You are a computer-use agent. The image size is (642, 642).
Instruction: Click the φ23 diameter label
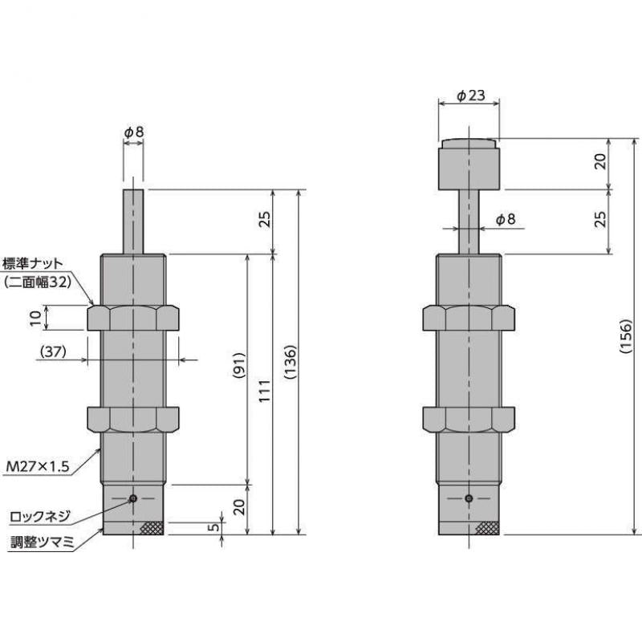470,95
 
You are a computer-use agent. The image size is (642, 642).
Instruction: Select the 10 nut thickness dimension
35,318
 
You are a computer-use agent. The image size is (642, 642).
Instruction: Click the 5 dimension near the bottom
211,527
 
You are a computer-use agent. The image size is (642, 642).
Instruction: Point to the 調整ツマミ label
39,542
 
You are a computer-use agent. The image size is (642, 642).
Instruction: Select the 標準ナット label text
34,263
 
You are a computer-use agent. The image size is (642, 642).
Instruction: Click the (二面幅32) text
38,282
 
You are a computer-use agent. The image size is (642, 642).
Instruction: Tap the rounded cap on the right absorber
469,165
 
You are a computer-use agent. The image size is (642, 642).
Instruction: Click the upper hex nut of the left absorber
132,317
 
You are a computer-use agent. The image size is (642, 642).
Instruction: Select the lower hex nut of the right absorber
469,420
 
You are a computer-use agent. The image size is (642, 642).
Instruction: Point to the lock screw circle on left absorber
133,498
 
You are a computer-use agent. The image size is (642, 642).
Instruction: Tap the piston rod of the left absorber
133,221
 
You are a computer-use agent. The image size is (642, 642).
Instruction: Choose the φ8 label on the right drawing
506,219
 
